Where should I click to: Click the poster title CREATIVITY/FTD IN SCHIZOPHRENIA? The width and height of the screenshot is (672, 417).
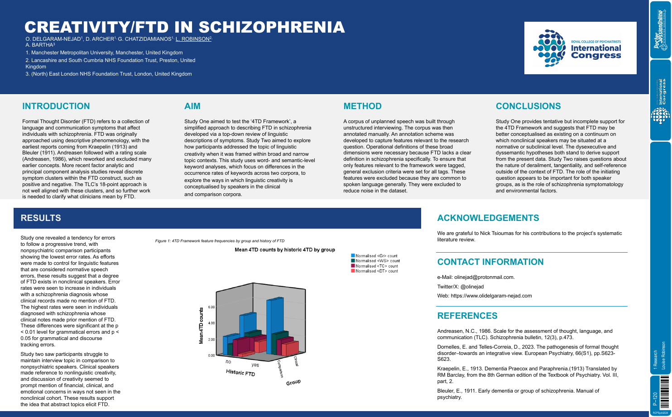(x=185, y=27)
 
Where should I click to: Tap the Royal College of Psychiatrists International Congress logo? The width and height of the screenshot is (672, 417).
(x=580, y=48)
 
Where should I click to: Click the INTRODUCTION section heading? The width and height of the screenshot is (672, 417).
(x=56, y=106)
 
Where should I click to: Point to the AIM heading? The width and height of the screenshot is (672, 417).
(x=192, y=106)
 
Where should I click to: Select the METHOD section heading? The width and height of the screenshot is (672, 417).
(x=362, y=106)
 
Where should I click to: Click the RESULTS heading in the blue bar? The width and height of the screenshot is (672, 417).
(x=41, y=218)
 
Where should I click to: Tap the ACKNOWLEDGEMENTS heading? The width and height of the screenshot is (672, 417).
(x=488, y=218)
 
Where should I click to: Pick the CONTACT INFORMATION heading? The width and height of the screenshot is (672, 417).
(x=490, y=262)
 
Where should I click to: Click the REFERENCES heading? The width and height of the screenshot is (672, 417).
(x=467, y=316)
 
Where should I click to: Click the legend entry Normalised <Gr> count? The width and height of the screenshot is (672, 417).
(x=376, y=256)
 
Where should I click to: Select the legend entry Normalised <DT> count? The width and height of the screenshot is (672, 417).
(x=376, y=271)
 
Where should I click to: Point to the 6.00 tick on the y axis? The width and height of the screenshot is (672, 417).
(x=211, y=307)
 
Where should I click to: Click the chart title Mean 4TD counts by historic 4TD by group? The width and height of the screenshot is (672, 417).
(x=284, y=249)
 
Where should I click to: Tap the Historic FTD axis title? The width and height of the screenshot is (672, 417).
(x=240, y=373)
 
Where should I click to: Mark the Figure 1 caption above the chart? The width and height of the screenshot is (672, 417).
(x=220, y=241)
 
